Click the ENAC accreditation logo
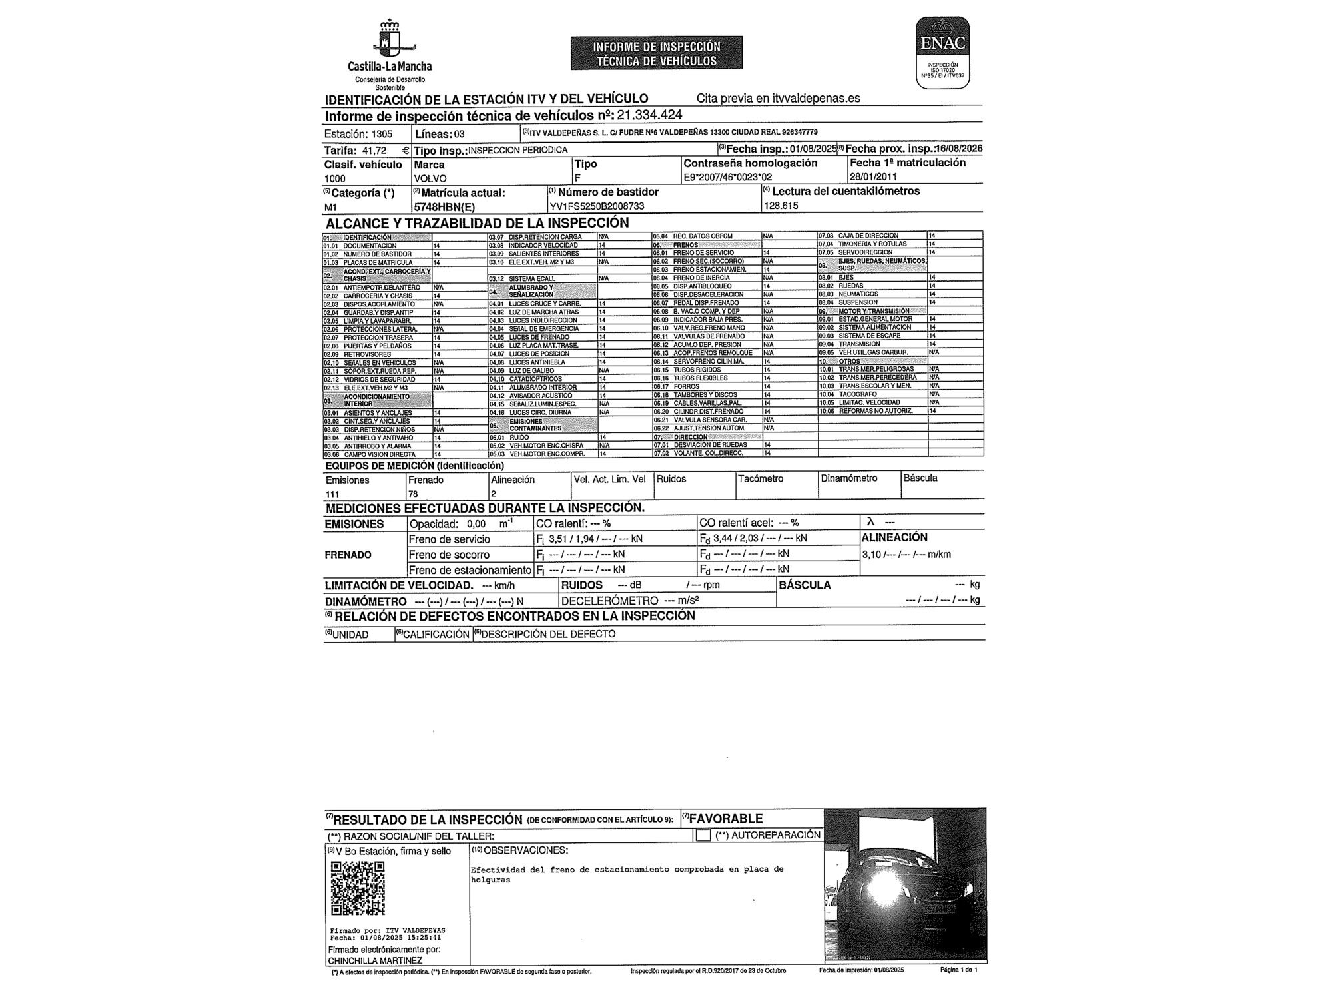pyautogui.click(x=942, y=52)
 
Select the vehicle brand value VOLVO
pyautogui.click(x=430, y=178)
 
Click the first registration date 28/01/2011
pyautogui.click(x=873, y=177)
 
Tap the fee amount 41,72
pyautogui.click(x=374, y=151)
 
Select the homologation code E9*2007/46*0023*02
pyautogui.click(x=727, y=178)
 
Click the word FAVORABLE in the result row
pyautogui.click(x=726, y=819)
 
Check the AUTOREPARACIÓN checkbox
pyautogui.click(x=703, y=835)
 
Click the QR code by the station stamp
pyautogui.click(x=358, y=888)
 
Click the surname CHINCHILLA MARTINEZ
pyautogui.click(x=374, y=960)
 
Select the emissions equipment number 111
pyautogui.click(x=332, y=494)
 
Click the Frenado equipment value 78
pyautogui.click(x=413, y=494)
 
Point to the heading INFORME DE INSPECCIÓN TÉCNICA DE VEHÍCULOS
pyautogui.click(x=656, y=53)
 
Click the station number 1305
pyautogui.click(x=382, y=134)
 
